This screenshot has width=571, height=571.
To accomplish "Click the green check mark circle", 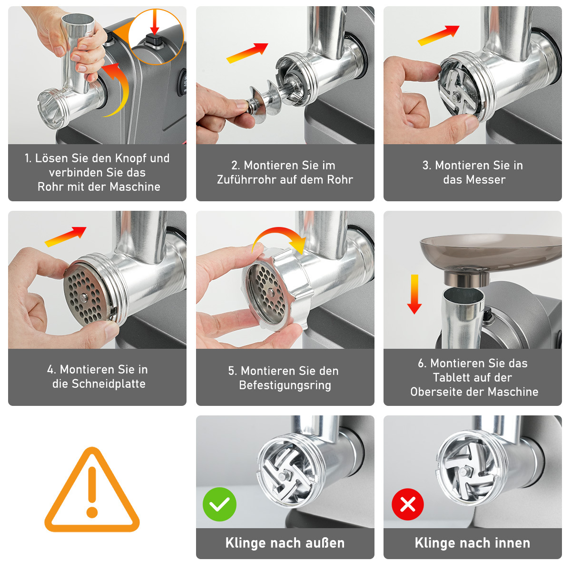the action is coord(219,504).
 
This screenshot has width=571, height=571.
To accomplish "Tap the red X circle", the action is coord(408,504).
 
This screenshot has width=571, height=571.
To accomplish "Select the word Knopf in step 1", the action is coord(131,158).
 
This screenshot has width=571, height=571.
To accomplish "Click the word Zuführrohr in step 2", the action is coord(246,179).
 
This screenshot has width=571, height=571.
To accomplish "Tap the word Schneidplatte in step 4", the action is coord(108,384).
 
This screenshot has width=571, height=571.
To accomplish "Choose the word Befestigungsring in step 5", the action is coord(285,385).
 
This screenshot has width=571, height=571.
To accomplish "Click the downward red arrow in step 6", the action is coord(414,294).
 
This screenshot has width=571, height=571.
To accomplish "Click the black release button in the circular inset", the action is coord(154,40).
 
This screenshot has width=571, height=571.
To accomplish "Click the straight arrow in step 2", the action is coord(247,53).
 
